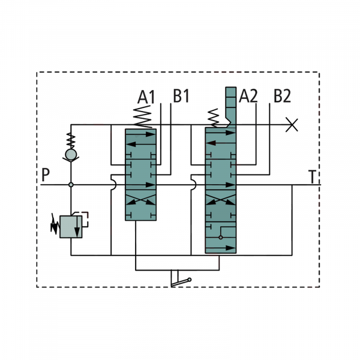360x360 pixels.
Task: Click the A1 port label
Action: coord(146,96)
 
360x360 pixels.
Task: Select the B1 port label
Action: coord(181,96)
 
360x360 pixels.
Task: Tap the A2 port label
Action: coord(248,96)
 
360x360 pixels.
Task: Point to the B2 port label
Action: coord(282,96)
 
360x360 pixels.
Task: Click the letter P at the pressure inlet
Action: coord(46,176)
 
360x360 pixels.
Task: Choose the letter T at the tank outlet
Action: coord(312,177)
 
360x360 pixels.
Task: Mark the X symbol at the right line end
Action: coord(292,125)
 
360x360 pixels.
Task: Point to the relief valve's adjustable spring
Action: coord(55,224)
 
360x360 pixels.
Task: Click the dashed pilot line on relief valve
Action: coord(85,218)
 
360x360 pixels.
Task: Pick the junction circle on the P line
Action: coord(71,185)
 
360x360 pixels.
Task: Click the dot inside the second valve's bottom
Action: coord(220,237)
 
